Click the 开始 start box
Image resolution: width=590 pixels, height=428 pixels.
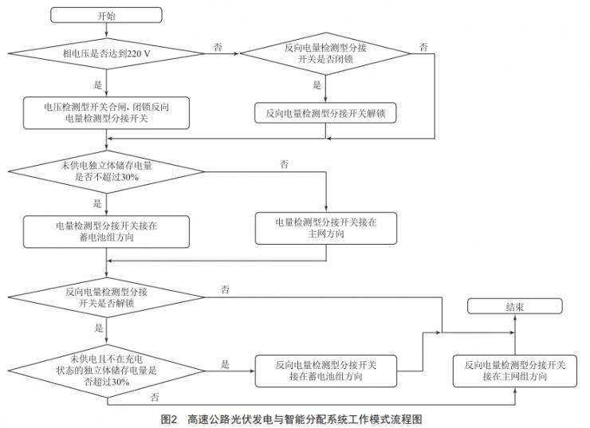(x=106, y=15)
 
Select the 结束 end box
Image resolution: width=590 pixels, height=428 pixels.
(x=514, y=307)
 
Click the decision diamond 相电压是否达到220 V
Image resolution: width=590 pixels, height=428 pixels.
(x=106, y=53)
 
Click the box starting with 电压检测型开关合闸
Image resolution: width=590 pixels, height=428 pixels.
(x=106, y=114)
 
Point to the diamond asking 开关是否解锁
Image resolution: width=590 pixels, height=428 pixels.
(x=106, y=297)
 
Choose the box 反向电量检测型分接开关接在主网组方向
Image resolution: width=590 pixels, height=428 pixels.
(x=514, y=370)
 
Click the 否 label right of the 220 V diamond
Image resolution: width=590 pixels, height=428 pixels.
(x=218, y=47)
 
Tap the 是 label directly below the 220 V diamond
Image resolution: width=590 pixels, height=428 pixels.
(x=98, y=84)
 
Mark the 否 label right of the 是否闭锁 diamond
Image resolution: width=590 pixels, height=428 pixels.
(x=423, y=47)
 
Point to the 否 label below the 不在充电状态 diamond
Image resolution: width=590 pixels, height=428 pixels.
(x=154, y=396)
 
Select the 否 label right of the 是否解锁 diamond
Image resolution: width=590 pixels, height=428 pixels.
(x=226, y=289)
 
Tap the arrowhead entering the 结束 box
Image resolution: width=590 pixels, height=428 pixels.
(x=514, y=318)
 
